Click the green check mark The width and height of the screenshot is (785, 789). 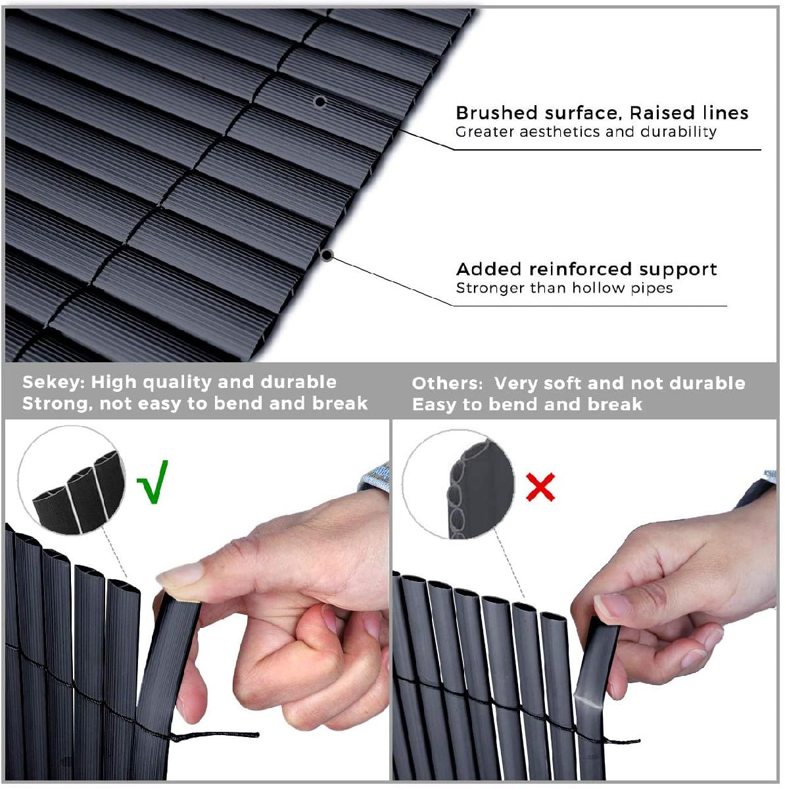click(153, 483)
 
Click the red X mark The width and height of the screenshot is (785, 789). click(540, 487)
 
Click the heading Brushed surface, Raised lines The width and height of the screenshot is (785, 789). click(602, 112)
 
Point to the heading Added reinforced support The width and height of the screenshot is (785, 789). click(586, 269)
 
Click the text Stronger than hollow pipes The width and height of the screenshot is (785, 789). click(564, 288)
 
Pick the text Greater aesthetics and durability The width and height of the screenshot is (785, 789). click(586, 132)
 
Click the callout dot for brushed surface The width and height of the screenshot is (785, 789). click(320, 101)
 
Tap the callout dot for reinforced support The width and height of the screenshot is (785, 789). click(326, 256)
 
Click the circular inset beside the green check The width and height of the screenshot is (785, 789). click(72, 481)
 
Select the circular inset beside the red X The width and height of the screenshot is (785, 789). click(458, 485)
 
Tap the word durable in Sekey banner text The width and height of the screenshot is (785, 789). click(298, 383)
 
